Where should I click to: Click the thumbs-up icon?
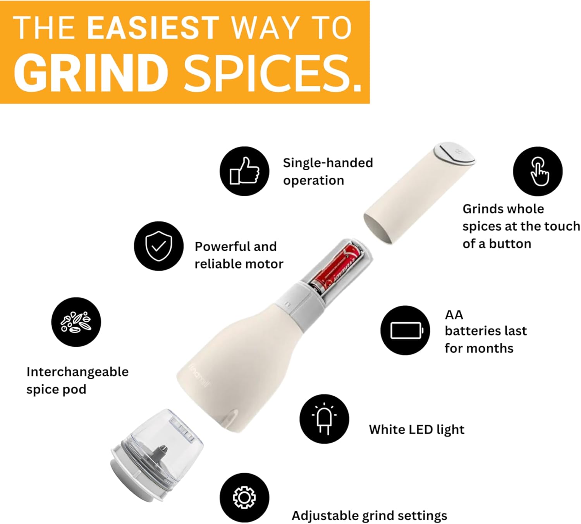click(x=244, y=171)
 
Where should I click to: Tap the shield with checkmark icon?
click(x=159, y=246)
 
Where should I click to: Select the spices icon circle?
click(x=76, y=322)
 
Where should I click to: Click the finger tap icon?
click(x=538, y=171)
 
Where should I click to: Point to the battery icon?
click(x=405, y=330)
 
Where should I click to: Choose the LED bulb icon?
click(x=324, y=419)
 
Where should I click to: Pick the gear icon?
click(x=244, y=497)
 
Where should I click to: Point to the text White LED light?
click(x=416, y=430)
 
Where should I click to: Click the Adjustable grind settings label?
click(x=369, y=515)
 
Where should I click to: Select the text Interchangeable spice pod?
click(x=77, y=380)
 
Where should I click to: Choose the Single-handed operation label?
click(x=328, y=171)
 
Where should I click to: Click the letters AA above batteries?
click(x=454, y=315)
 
